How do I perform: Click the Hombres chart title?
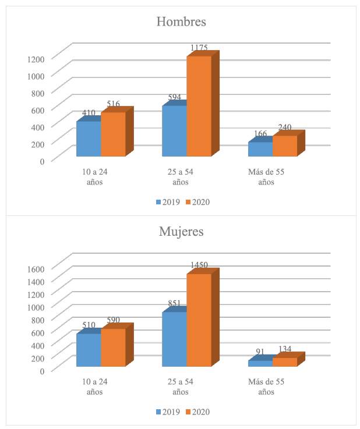pos(181,22)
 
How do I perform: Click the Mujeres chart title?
pos(181,231)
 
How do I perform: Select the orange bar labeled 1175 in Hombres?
pos(199,106)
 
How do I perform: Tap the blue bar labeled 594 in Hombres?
pos(174,131)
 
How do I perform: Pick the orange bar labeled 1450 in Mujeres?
pos(199,320)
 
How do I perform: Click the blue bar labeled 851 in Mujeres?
pos(174,339)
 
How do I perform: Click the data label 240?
pos(284,127)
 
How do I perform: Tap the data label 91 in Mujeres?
pos(260,352)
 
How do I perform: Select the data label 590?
pos(113,320)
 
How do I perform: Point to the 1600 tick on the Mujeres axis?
pos(36,268)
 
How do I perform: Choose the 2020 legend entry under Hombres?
pos(197,202)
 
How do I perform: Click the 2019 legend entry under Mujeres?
pos(167,412)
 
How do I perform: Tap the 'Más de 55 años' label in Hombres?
pos(265,177)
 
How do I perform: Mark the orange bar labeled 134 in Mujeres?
pos(284,362)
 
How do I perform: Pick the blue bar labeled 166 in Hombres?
pos(260,149)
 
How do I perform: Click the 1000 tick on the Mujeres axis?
pos(36,307)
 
